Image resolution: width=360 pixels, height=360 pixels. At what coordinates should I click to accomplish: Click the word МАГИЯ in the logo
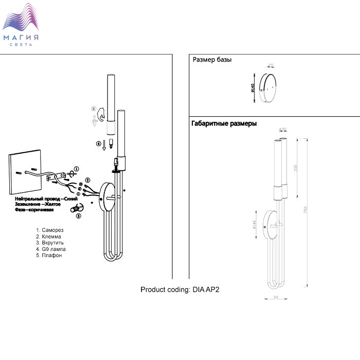click(21, 38)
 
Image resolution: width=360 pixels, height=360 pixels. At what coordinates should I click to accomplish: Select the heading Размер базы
click(212, 60)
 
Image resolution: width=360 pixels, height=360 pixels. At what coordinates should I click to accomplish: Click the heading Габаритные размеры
click(224, 124)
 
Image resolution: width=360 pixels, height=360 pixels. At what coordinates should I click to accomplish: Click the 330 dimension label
click(295, 169)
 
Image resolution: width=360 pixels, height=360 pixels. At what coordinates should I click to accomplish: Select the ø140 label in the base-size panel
click(253, 88)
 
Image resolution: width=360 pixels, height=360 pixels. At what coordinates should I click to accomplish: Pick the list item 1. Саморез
click(49, 230)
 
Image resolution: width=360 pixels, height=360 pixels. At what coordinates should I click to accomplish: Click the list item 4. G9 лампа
click(51, 249)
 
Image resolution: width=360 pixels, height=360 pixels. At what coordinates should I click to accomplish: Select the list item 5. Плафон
click(49, 255)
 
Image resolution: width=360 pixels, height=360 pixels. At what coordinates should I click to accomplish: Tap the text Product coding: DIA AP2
click(180, 290)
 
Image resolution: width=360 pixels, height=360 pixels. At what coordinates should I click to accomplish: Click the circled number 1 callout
click(76, 169)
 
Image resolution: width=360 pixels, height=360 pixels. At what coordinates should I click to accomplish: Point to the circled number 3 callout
click(78, 217)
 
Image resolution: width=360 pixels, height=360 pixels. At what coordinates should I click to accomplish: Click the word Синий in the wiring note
click(70, 199)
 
